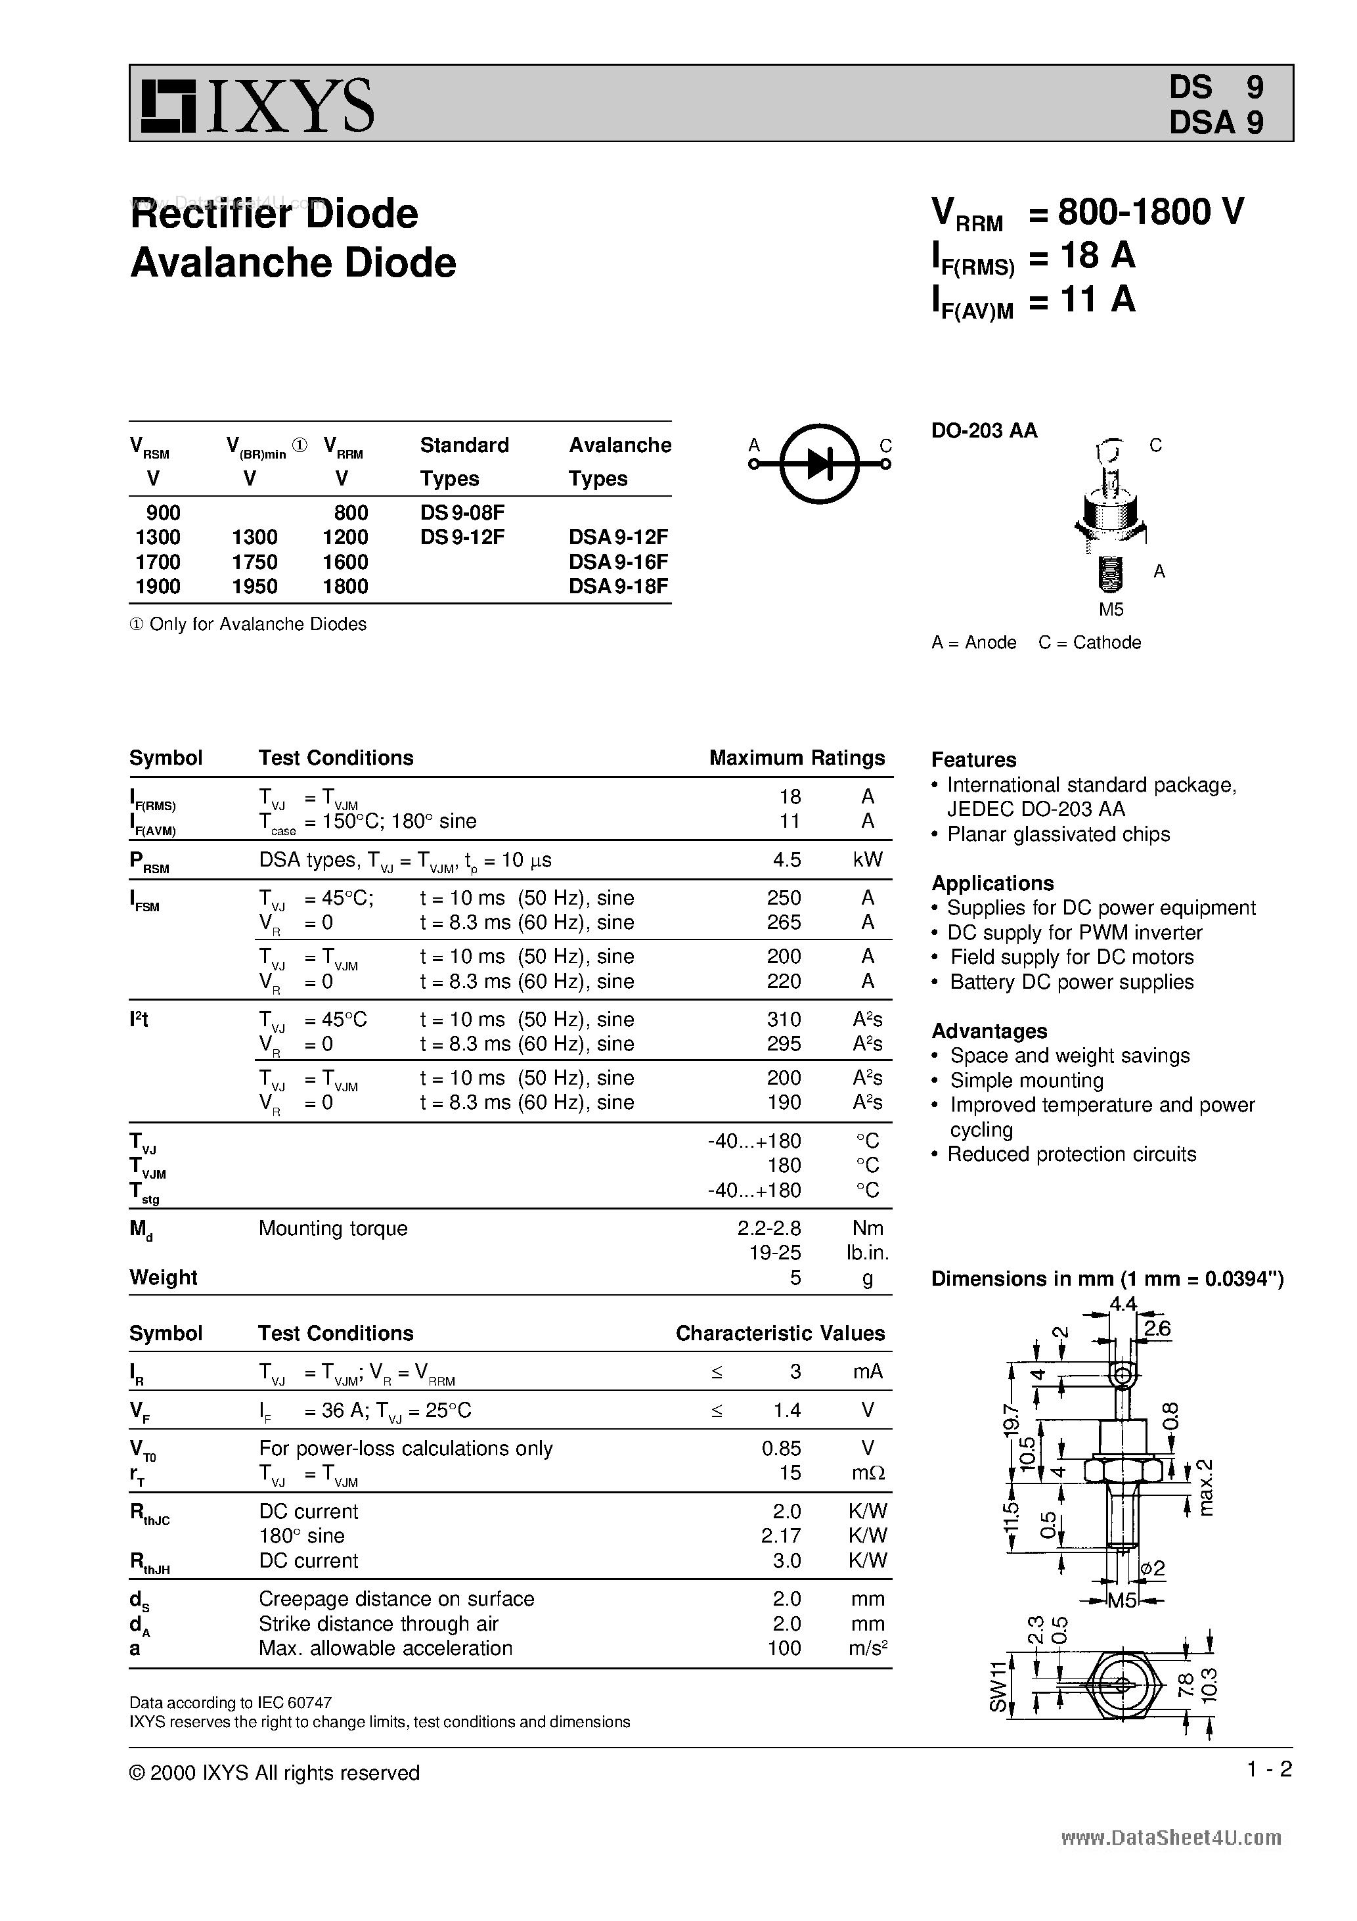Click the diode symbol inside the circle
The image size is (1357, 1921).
820,464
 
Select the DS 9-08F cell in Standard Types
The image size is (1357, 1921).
462,512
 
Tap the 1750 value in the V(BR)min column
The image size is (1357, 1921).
254,562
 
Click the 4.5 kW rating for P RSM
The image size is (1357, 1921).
788,860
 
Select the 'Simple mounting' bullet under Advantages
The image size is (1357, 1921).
1027,1080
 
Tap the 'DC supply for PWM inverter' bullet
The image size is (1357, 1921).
1074,932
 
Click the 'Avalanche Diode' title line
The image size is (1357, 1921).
294,263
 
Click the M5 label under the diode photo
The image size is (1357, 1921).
1111,610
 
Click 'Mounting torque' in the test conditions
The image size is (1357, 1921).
333,1229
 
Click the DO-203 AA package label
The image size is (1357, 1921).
984,430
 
